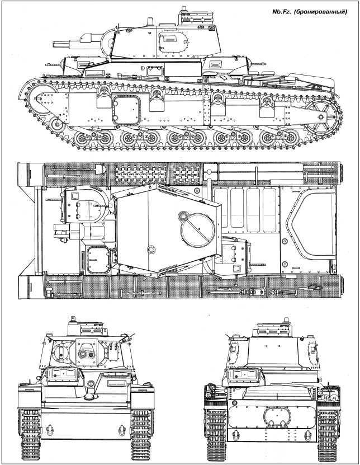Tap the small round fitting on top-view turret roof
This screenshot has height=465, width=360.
click(150, 250)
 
